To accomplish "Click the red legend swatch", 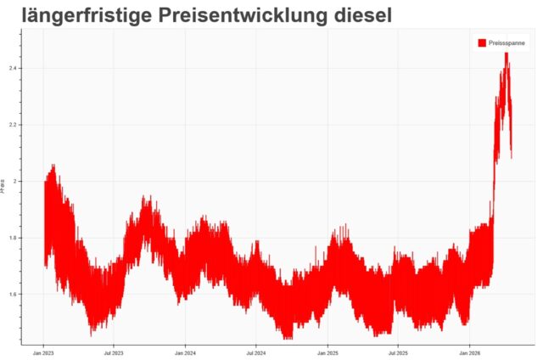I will (482, 42).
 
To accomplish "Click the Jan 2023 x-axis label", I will (44, 351).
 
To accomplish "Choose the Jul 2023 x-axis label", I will (114, 351).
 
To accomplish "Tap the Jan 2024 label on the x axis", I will (185, 351).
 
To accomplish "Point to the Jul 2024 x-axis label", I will (255, 351).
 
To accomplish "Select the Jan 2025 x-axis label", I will (327, 351).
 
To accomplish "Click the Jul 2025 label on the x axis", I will (397, 351).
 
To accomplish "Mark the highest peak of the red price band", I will (507, 53).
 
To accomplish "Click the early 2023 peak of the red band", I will (53, 166).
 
